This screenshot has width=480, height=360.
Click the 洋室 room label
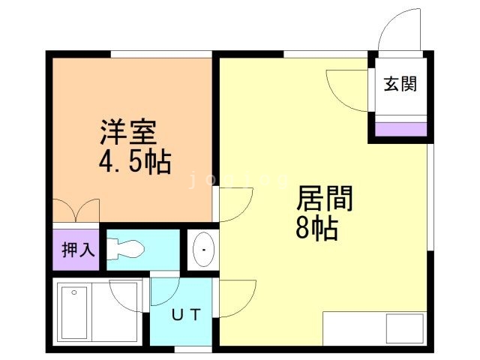128,132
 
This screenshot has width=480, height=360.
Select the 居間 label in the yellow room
324,199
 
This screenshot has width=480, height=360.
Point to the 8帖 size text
317,227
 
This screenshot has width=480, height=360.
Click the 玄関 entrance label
400,83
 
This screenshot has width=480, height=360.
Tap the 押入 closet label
78,249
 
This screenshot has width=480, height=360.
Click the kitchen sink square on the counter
404,328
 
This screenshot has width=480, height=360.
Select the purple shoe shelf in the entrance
400,129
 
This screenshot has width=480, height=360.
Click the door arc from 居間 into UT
236,296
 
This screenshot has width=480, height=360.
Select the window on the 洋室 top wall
160,54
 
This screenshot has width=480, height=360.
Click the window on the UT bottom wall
193,349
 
